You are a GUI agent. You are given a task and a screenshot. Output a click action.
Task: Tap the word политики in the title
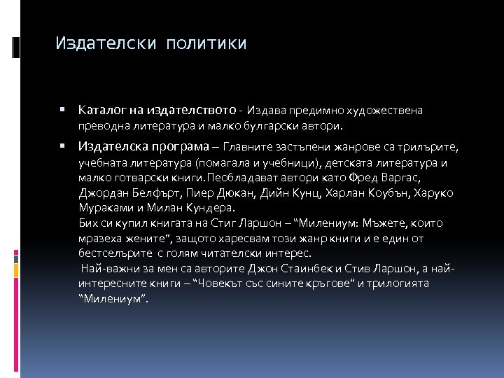206,44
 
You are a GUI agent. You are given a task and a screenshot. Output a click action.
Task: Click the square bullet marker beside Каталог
63,110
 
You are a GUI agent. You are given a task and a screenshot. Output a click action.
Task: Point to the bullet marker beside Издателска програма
63,146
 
